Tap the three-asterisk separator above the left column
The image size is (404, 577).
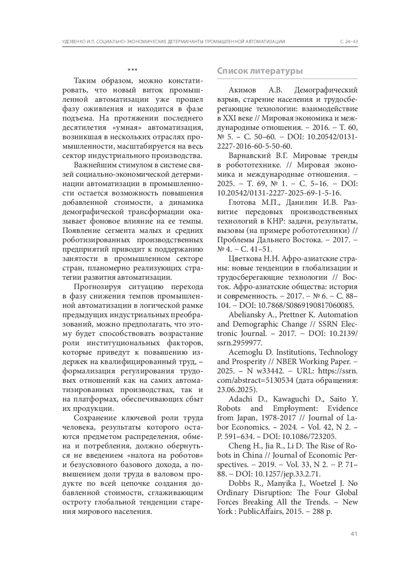pyautogui.click(x=132, y=70)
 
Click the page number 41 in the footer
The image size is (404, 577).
pyautogui.click(x=353, y=534)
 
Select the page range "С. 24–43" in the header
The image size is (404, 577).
pyautogui.click(x=349, y=42)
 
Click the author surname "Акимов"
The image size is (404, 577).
pyautogui.click(x=242, y=90)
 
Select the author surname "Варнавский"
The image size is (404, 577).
pyautogui.click(x=250, y=156)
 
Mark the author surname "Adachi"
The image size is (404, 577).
pyautogui.click(x=240, y=399)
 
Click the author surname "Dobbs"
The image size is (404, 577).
pyautogui.click(x=240, y=483)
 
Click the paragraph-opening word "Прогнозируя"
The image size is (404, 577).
pyautogui.click(x=96, y=287)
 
